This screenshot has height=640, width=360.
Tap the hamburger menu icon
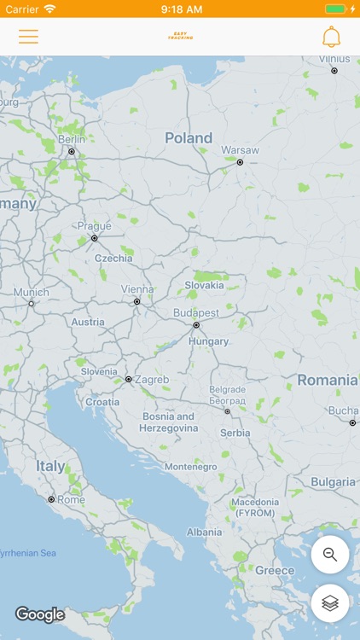28,37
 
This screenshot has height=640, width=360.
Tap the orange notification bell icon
331,37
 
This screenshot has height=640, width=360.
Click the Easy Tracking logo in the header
180,37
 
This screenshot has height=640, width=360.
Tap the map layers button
330,603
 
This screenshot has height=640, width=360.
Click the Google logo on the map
39,614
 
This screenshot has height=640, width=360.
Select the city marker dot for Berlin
72,152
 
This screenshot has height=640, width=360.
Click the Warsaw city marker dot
240,162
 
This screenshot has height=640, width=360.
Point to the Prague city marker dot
95,238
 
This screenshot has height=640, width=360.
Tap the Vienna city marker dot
136,301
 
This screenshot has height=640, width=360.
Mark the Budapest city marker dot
196,325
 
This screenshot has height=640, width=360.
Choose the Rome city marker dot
51,499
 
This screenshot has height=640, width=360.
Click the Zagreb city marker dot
128,379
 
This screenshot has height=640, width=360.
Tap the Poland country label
189,138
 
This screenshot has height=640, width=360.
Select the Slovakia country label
204,285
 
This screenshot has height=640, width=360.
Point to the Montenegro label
191,467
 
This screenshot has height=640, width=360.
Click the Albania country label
204,532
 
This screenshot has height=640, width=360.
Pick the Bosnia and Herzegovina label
167,422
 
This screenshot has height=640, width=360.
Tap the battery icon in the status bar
336,9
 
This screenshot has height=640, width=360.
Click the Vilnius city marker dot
334,71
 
